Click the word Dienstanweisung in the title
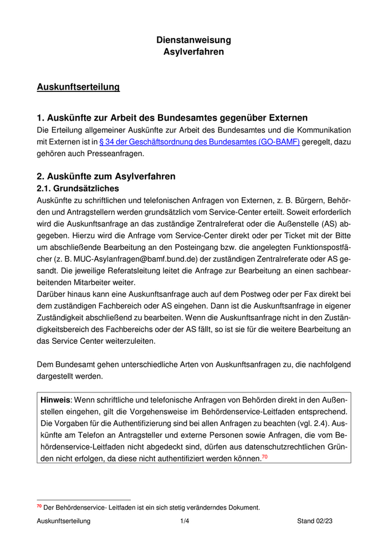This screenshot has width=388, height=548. click(x=193, y=40)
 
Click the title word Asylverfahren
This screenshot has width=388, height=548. click(x=193, y=52)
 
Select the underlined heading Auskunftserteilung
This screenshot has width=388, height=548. click(x=78, y=87)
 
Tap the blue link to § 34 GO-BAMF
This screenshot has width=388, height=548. click(x=200, y=142)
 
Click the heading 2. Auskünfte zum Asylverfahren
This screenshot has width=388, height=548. click(x=106, y=177)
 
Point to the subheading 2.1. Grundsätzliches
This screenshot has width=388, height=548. click(x=78, y=189)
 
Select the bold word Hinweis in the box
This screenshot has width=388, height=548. click(x=55, y=400)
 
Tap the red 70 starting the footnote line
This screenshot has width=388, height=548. click(x=39, y=506)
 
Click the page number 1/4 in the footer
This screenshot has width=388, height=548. click(x=185, y=521)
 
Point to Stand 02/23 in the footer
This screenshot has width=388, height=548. click(x=315, y=521)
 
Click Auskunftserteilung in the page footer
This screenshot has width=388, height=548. click(x=63, y=521)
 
